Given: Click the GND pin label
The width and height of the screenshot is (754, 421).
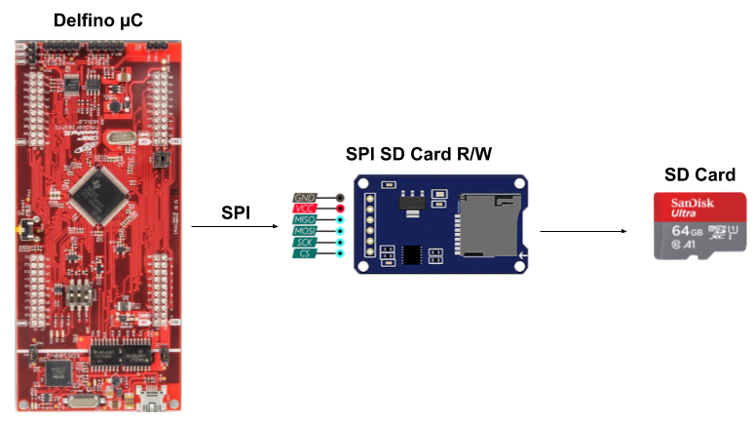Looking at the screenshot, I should point(305,198).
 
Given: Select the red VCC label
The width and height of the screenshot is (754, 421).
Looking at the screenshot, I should point(305,209).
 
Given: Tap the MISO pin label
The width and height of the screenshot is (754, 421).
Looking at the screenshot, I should point(305,220).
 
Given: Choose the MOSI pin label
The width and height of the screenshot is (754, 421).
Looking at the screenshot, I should point(305,231).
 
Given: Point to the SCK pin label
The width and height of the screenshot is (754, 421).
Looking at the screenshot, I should point(305,242).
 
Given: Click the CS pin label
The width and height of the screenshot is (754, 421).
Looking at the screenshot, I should point(305,253).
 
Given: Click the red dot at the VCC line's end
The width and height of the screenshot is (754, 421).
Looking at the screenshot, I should point(339,209).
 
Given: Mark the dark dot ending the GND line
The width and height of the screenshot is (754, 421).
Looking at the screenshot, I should point(339,198).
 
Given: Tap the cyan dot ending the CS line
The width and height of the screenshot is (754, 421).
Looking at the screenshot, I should point(339,253).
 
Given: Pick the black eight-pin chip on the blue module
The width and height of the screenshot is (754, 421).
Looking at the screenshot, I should point(412,254).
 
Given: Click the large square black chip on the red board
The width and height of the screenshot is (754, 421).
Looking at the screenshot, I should point(100,190).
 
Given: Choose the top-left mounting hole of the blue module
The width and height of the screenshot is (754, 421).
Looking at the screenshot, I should point(362,183).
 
